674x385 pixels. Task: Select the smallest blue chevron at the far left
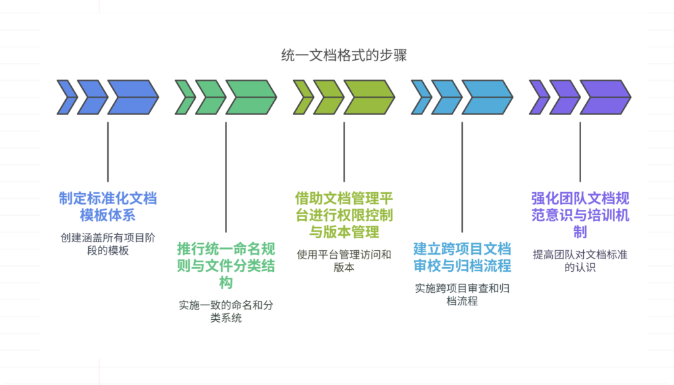click(x=66, y=97)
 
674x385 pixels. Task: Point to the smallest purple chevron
click(x=538, y=97)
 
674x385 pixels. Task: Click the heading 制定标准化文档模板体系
click(x=108, y=207)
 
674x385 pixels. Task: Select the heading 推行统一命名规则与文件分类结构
click(x=226, y=265)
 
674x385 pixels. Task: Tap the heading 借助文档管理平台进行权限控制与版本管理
click(x=344, y=215)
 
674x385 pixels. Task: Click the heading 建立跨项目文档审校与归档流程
click(x=462, y=257)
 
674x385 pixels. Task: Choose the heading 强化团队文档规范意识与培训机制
click(x=580, y=215)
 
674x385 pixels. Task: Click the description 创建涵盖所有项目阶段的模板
click(x=108, y=243)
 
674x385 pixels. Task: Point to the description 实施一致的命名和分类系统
click(x=226, y=311)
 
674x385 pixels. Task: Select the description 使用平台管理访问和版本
click(x=344, y=261)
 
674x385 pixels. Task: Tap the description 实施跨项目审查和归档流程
click(x=462, y=294)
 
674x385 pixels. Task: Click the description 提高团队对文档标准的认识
click(x=580, y=261)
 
